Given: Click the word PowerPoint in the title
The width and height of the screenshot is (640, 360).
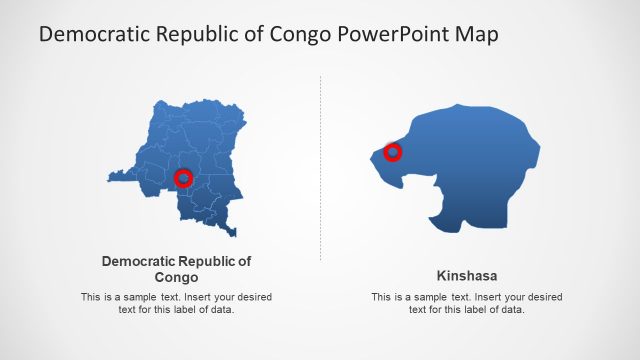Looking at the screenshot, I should tap(392, 34).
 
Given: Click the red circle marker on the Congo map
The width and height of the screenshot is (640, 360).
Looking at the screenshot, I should tap(183, 178).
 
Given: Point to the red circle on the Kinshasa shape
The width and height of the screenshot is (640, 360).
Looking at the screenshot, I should tap(393, 152).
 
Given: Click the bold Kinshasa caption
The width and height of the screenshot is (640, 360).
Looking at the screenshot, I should tap(467, 275).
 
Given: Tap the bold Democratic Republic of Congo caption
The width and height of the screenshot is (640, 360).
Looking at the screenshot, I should tap(177, 269).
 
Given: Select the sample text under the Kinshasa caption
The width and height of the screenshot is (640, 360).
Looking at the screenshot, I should tap(467, 303).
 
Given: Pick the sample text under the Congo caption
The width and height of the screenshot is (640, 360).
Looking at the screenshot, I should tap(176, 303).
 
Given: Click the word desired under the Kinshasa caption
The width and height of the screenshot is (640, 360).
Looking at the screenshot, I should tap(540, 297).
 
